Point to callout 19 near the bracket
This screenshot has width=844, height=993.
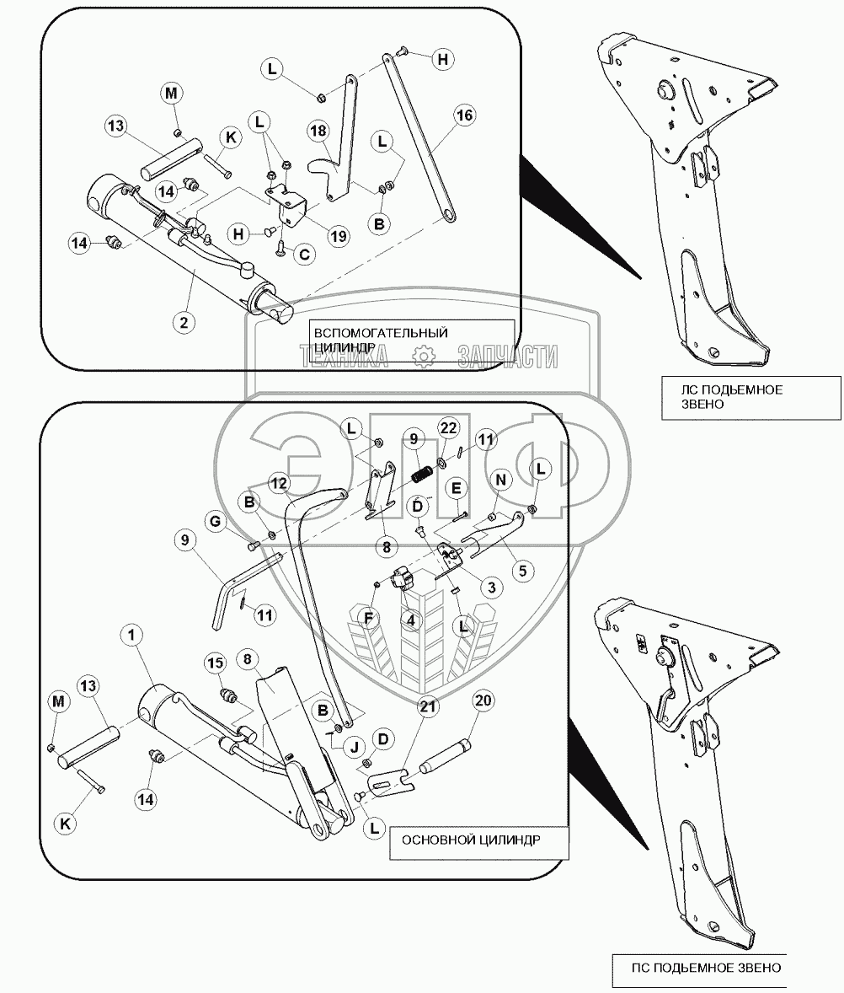click(x=338, y=236)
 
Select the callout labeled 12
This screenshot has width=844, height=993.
click(x=280, y=482)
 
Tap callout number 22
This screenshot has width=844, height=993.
click(x=448, y=428)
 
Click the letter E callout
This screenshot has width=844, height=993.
click(x=456, y=488)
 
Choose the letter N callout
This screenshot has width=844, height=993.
click(x=501, y=480)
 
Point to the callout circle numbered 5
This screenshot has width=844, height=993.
click(x=521, y=571)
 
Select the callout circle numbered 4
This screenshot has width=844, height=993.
click(x=410, y=620)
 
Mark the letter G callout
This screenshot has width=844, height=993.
click(x=216, y=523)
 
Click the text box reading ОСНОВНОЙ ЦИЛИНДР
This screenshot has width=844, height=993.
click(x=473, y=842)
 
